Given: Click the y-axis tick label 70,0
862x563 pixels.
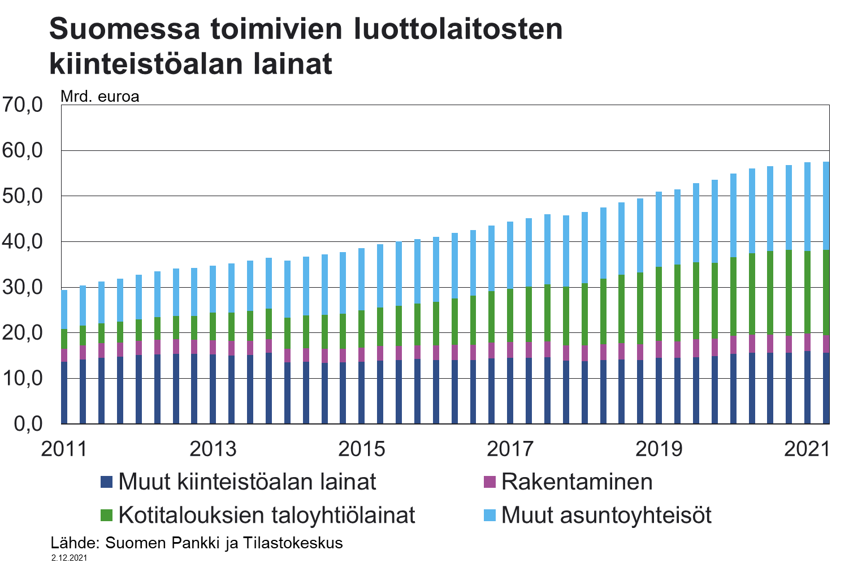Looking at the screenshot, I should pyautogui.click(x=23, y=105).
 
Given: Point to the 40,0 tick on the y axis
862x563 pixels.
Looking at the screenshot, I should pyautogui.click(x=23, y=241).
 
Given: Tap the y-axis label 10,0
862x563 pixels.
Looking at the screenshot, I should pyautogui.click(x=23, y=378).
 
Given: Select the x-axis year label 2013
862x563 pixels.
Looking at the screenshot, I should pyautogui.click(x=213, y=449).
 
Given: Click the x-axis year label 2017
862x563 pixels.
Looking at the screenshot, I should pyautogui.click(x=510, y=449).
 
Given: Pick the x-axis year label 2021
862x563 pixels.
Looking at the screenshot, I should pyautogui.click(x=807, y=449).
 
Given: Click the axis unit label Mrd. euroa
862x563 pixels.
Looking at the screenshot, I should pyautogui.click(x=100, y=97).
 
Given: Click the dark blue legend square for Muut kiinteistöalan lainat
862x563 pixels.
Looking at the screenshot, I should pyautogui.click(x=106, y=482).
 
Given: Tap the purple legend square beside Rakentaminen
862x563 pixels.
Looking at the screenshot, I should pyautogui.click(x=490, y=482).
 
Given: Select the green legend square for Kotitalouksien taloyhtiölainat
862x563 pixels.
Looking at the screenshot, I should pyautogui.click(x=106, y=516).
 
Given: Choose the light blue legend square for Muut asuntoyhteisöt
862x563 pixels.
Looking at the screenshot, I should pyautogui.click(x=490, y=516).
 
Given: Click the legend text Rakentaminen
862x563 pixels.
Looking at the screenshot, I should pyautogui.click(x=577, y=482).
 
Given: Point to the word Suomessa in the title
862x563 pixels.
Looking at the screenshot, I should pyautogui.click(x=124, y=29).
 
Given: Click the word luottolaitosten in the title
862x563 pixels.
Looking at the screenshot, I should pyautogui.click(x=458, y=29).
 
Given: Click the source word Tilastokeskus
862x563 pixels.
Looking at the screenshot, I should pyautogui.click(x=293, y=543).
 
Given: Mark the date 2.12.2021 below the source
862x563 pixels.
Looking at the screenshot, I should pyautogui.click(x=69, y=558).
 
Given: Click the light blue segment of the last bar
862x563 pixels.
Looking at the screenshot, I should pyautogui.click(x=826, y=206).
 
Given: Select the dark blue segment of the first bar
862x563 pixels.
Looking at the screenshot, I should pyautogui.click(x=64, y=392).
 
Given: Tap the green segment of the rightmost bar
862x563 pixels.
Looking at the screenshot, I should pyautogui.click(x=826, y=293).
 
